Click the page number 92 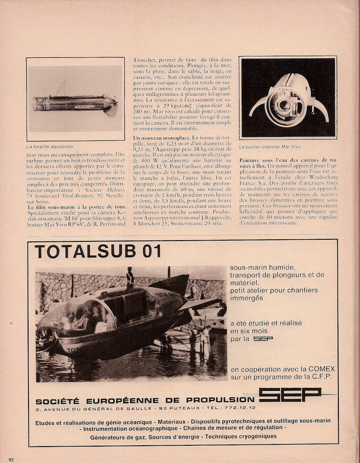pyautogui.click(x=11, y=460)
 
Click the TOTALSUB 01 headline pyautogui.click(x=98, y=251)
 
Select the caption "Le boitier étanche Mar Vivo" pyautogui.click(x=270, y=147)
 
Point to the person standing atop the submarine pyautogui.click(x=130, y=277)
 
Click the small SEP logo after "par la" pyautogui.click(x=263, y=339)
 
